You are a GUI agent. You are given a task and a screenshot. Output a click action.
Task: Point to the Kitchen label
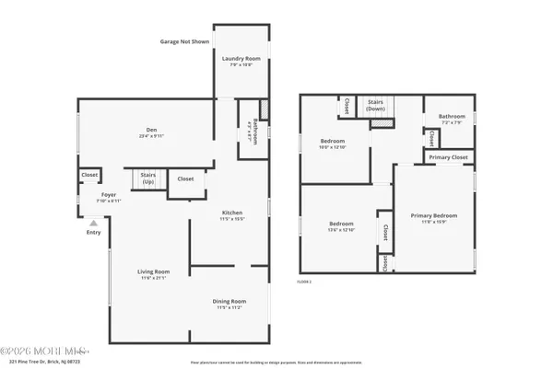coord(231,213)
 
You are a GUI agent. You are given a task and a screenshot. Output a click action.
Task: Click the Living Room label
coord(154,271)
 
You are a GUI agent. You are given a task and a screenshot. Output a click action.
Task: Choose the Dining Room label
coord(231,301)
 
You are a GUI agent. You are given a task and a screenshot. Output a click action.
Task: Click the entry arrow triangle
coord(92,222)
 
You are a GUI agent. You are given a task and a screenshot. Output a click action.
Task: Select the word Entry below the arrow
coord(93,232)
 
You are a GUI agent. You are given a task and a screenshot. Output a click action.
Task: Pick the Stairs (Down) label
coord(376,105)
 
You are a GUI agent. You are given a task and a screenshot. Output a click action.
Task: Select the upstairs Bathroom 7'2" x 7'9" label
coord(452,117)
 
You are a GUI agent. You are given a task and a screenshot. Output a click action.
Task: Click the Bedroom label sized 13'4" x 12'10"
coord(342,224)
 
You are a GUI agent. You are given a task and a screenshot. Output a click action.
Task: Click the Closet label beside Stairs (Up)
coord(185,178)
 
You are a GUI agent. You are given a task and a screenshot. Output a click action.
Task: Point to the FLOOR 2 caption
coord(304,281)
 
